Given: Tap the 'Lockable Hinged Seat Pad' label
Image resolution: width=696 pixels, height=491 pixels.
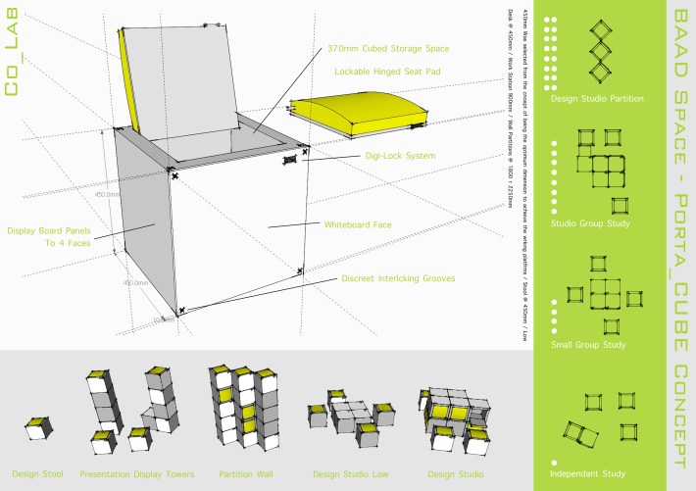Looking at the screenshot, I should (x=385, y=73).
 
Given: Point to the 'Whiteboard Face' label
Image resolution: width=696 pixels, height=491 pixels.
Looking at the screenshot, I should (x=358, y=224).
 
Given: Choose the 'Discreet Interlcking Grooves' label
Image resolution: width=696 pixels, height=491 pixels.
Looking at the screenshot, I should (x=398, y=278).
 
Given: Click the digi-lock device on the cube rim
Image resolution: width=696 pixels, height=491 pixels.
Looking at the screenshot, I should (x=290, y=158).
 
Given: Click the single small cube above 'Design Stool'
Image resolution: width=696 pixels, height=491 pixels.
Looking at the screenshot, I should (x=38, y=427).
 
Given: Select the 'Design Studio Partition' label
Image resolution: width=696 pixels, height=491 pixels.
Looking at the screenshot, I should (x=597, y=99).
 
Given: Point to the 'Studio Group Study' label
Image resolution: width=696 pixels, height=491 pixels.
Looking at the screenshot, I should (x=590, y=223).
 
